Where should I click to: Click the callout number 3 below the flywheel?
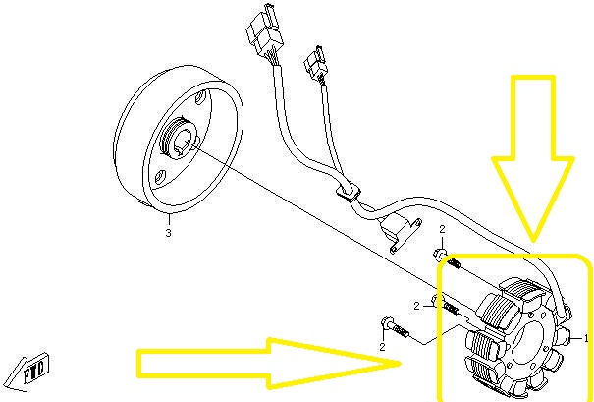click(x=168, y=233)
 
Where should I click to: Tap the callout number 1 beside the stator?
click(x=586, y=337)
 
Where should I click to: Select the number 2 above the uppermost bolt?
click(x=442, y=229)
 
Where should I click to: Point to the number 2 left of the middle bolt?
click(x=416, y=307)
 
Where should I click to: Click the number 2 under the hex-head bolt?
click(x=382, y=346)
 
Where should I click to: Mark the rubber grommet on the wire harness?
click(x=348, y=191)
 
